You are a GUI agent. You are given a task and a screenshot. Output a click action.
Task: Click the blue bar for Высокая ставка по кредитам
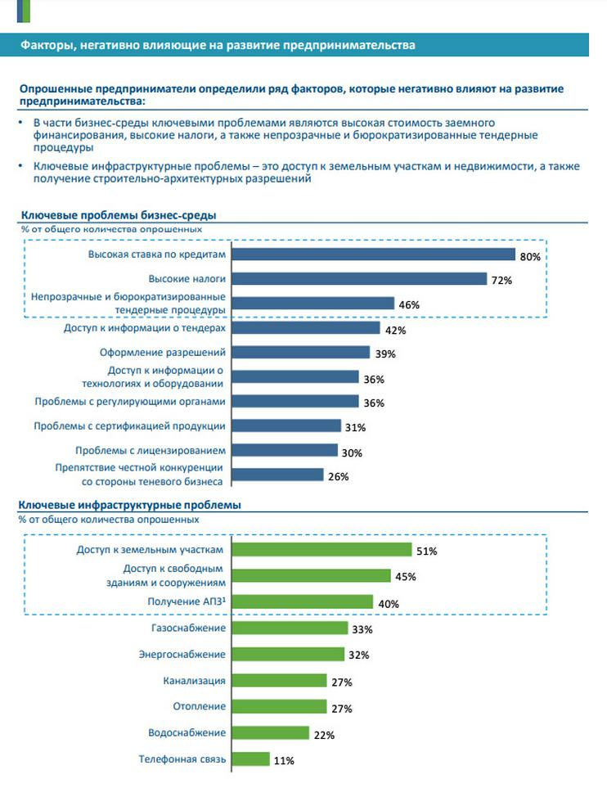(x=374, y=254)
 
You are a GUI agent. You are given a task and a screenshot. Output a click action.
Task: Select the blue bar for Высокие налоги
(x=360, y=279)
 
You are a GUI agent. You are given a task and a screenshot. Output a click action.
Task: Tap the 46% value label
(x=409, y=304)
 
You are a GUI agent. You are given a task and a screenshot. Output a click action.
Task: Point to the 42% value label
(x=395, y=330)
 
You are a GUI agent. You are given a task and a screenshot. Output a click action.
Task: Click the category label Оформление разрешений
(x=169, y=352)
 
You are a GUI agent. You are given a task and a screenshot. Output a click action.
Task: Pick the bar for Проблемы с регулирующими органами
(x=296, y=401)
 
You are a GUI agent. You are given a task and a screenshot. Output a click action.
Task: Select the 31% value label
(x=355, y=427)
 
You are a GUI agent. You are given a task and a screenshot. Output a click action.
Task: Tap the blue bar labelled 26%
(x=278, y=475)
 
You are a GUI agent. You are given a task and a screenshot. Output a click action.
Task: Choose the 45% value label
(x=406, y=577)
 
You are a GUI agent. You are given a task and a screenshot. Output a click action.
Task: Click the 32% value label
(x=359, y=655)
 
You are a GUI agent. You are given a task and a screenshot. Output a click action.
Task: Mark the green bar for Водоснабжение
(x=271, y=732)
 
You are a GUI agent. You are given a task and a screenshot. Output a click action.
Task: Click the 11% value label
(x=284, y=760)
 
